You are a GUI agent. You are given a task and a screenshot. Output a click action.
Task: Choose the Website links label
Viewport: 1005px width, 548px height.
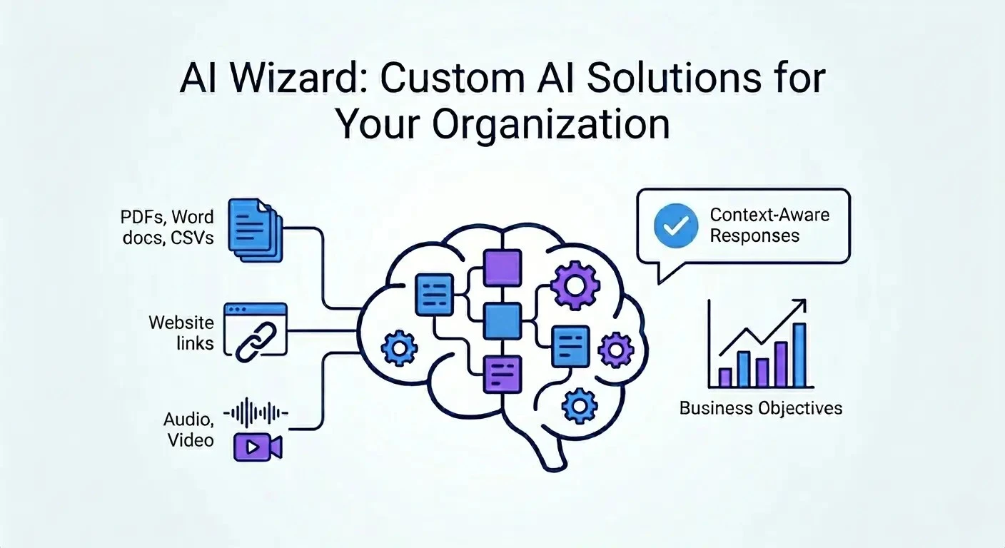pyautogui.click(x=181, y=333)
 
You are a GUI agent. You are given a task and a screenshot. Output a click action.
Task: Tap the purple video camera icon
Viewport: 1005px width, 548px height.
pyautogui.click(x=258, y=447)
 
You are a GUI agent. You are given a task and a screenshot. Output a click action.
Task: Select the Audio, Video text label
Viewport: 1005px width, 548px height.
pyautogui.click(x=189, y=429)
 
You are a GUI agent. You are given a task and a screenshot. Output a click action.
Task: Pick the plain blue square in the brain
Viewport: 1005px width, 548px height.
pyautogui.click(x=502, y=321)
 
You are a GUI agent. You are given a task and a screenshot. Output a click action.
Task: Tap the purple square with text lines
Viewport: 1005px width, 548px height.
pyautogui.click(x=502, y=373)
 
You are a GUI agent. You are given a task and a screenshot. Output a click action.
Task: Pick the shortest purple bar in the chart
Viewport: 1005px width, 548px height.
pyautogui.click(x=725, y=377)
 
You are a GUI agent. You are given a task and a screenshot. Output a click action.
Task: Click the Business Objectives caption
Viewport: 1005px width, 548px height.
pyautogui.click(x=760, y=409)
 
